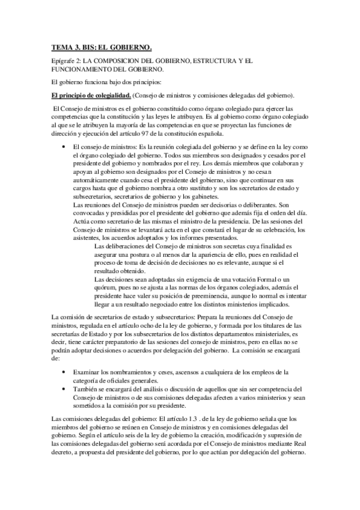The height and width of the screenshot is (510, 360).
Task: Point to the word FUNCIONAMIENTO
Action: (x=83, y=70)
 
